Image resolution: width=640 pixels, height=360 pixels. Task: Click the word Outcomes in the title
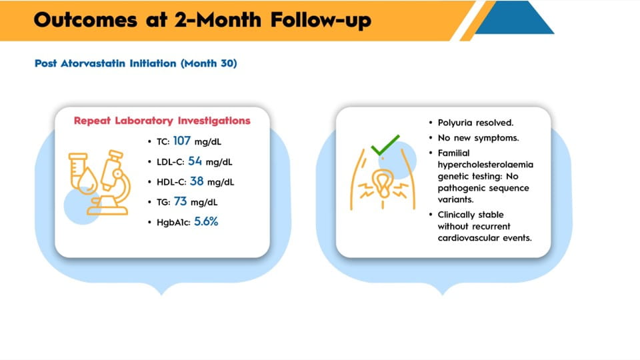pyautogui.click(x=85, y=19)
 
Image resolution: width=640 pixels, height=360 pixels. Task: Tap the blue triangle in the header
pyautogui.click(x=515, y=19)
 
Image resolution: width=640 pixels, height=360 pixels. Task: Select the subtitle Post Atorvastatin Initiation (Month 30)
pyautogui.click(x=135, y=63)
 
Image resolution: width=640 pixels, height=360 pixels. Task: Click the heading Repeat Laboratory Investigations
pyautogui.click(x=162, y=121)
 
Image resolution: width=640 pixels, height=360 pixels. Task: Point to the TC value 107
pyautogui.click(x=181, y=141)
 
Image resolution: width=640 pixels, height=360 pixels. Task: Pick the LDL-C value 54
pyautogui.click(x=195, y=161)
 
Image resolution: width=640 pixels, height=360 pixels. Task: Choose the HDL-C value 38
pyautogui.click(x=197, y=181)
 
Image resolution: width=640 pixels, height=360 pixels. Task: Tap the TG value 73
pyautogui.click(x=181, y=201)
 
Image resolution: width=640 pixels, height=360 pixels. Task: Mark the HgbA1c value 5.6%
pyautogui.click(x=206, y=221)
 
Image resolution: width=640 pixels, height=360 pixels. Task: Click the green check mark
pyautogui.click(x=385, y=145)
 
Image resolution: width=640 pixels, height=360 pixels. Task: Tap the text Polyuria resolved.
pyautogui.click(x=475, y=123)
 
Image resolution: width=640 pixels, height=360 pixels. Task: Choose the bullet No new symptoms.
pyautogui.click(x=478, y=138)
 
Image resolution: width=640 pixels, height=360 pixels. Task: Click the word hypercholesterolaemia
pyautogui.click(x=485, y=165)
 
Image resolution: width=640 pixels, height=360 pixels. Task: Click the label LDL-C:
pyautogui.click(x=170, y=162)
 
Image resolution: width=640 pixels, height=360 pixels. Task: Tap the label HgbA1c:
pyautogui.click(x=173, y=223)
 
